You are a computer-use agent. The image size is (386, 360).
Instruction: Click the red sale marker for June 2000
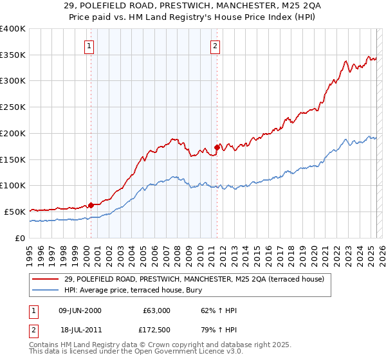tap(91, 206)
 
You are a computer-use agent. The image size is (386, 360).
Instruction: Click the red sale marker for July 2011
tap(217, 147)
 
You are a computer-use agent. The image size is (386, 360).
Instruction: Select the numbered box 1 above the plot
tap(88, 46)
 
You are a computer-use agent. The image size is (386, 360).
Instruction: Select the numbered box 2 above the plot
tap(214, 46)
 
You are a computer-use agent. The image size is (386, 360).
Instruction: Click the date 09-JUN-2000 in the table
tap(80, 311)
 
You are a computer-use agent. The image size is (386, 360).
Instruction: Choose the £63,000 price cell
tap(156, 311)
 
